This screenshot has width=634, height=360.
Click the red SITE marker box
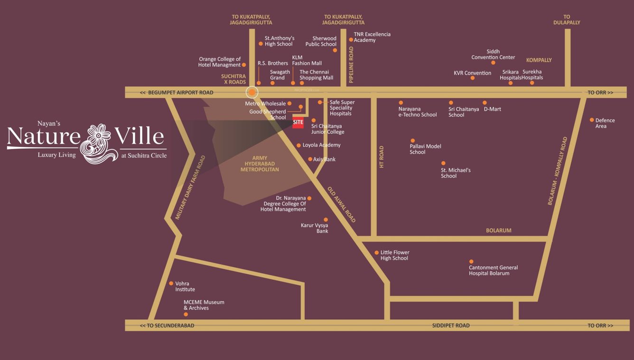point(298,122)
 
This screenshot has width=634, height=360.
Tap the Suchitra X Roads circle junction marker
point(252,92)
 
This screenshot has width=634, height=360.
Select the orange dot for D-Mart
point(485,102)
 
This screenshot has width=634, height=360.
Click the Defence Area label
point(605,123)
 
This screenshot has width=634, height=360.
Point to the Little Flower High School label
point(394,256)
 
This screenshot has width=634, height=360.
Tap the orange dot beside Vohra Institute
point(171,283)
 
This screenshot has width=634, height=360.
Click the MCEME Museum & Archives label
point(204,305)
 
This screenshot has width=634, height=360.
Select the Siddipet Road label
point(451,325)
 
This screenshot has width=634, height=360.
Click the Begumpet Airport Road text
point(180,92)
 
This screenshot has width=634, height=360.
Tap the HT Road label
point(381,157)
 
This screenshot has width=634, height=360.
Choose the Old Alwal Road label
point(341,204)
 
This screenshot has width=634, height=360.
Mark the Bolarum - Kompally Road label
point(557,171)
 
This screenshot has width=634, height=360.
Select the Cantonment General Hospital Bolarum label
point(493,270)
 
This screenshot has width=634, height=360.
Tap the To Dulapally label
point(567,19)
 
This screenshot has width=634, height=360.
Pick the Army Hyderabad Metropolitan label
point(260,164)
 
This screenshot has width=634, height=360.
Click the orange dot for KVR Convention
point(473,78)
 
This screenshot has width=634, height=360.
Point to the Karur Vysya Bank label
point(315,228)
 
